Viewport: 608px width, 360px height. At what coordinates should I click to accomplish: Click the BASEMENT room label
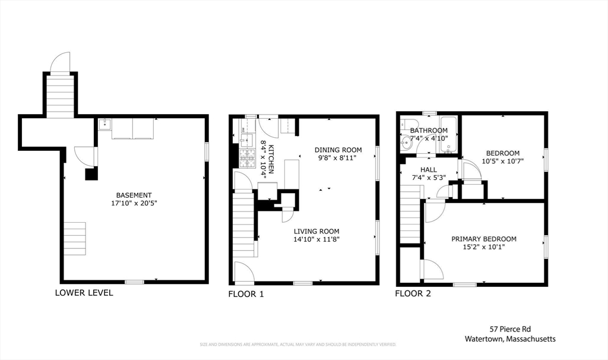click(x=134, y=195)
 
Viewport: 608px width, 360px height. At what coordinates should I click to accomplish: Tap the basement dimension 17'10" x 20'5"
click(x=134, y=203)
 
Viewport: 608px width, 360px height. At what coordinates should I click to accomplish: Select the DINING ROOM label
click(x=338, y=150)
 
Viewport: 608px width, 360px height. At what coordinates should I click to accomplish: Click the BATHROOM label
click(x=429, y=131)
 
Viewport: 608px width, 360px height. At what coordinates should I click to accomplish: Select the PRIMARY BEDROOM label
click(x=483, y=239)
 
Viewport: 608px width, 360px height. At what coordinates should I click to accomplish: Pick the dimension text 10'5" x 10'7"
click(x=502, y=161)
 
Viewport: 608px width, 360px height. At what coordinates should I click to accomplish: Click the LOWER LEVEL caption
click(x=84, y=293)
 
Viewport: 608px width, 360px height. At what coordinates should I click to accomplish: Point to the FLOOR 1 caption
click(x=246, y=293)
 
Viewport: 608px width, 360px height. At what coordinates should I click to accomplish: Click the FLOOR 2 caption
click(x=413, y=293)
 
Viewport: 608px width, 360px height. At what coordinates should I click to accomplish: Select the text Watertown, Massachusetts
click(x=510, y=339)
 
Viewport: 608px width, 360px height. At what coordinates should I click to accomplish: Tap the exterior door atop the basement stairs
click(x=60, y=62)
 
